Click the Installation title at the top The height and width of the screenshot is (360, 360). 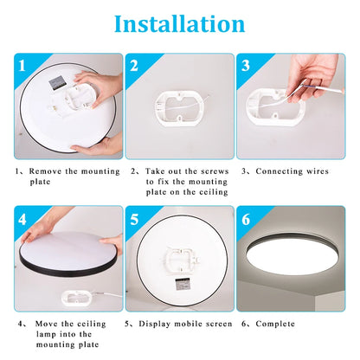click(x=179, y=23)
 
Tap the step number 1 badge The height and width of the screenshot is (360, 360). click(x=24, y=66)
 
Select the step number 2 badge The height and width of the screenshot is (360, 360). click(x=134, y=66)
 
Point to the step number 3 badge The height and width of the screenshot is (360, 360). click(x=246, y=66)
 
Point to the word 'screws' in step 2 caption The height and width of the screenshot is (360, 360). click(x=212, y=171)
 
